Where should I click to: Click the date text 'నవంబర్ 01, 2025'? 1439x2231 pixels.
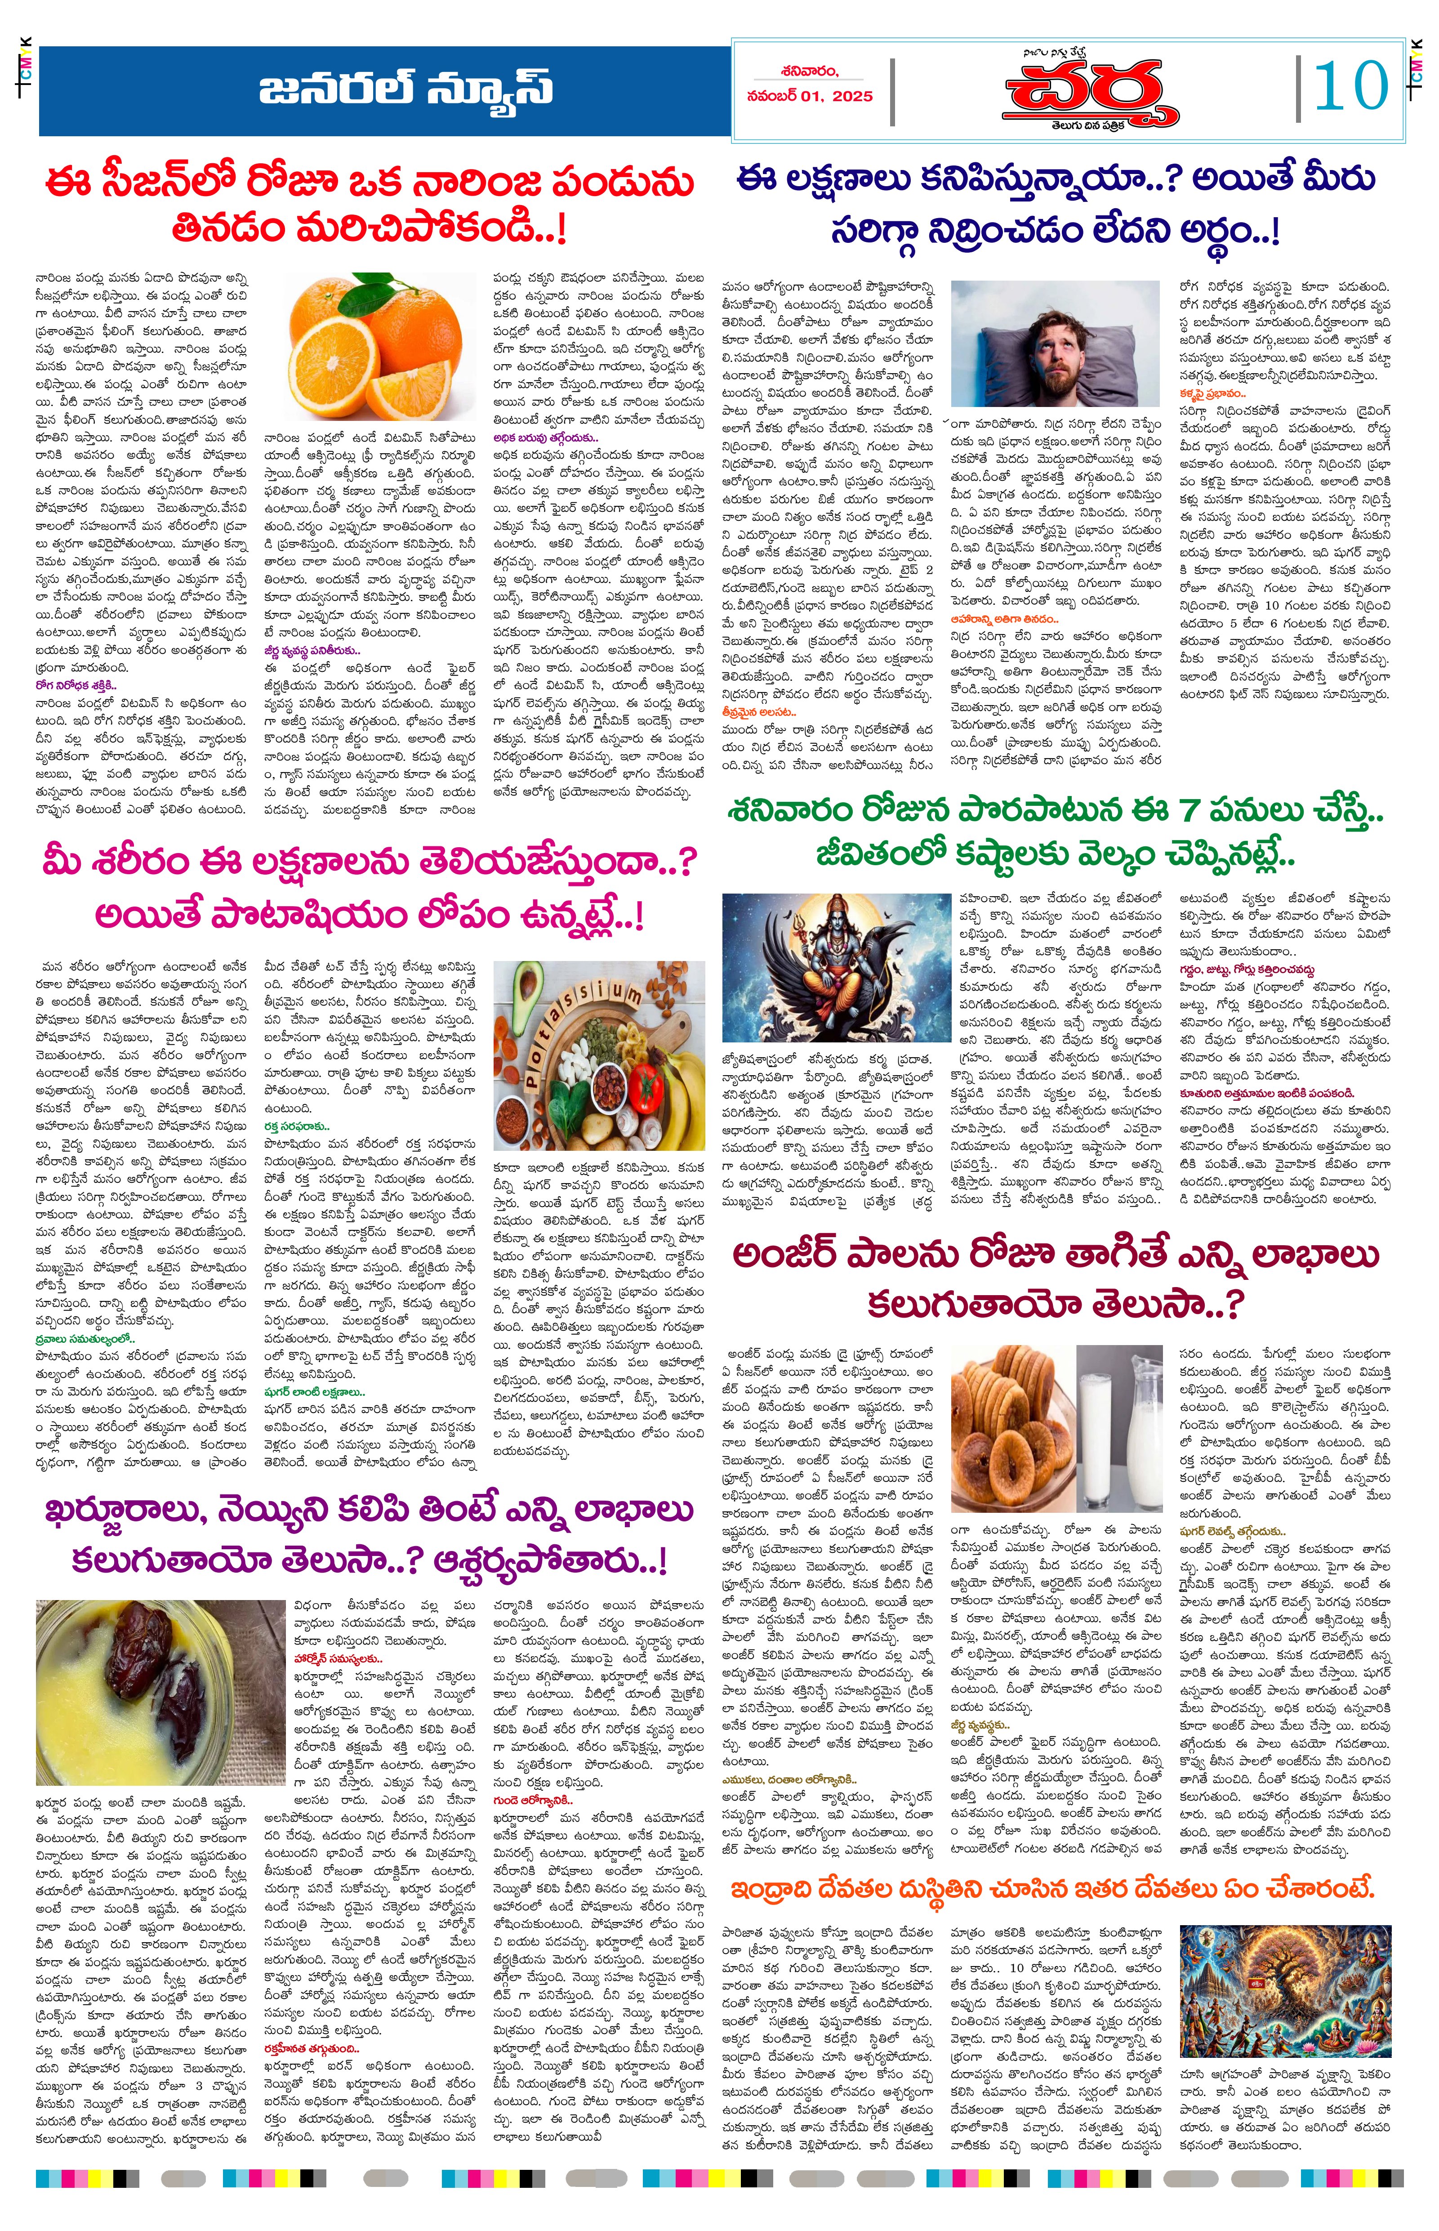[x=809, y=96]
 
